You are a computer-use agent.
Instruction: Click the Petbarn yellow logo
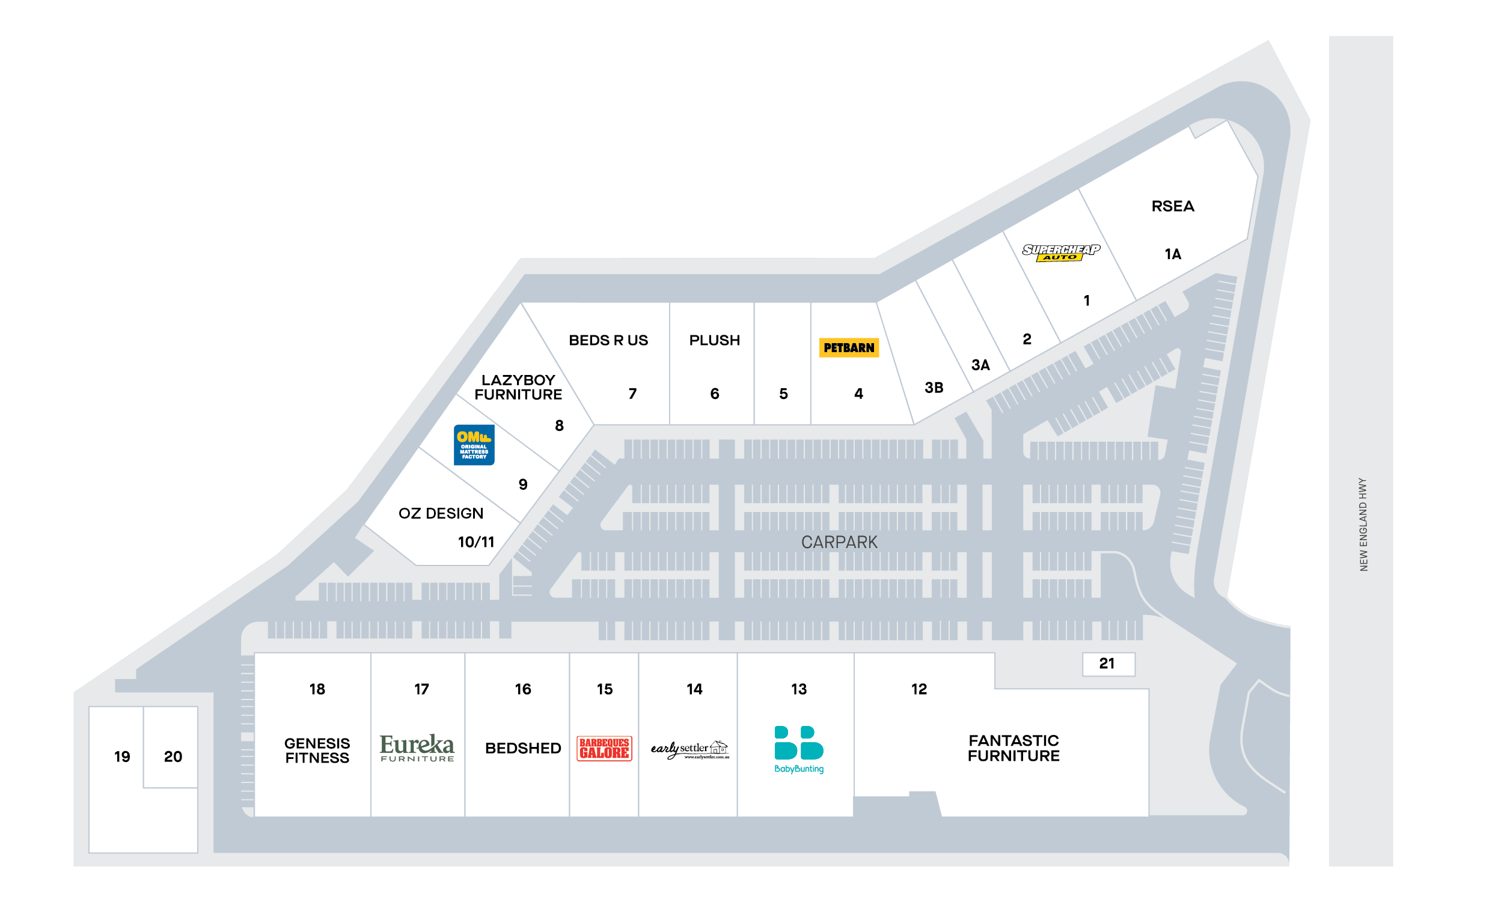point(849,348)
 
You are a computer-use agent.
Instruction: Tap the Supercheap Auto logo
point(1060,252)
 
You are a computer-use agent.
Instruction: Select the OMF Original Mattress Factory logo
point(474,445)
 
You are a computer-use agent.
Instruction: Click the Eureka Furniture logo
point(417,748)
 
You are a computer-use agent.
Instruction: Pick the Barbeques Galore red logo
point(604,748)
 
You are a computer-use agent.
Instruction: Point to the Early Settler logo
point(689,749)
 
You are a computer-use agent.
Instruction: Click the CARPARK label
point(839,542)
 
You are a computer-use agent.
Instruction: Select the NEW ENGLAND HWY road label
point(1363,524)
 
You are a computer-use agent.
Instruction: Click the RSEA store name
point(1173,207)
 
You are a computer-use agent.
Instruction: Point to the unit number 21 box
point(1108,664)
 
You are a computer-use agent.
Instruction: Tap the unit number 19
point(122,757)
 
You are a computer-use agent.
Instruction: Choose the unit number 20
point(173,757)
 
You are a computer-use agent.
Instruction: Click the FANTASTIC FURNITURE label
point(1013,748)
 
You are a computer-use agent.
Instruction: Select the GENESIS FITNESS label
point(317,751)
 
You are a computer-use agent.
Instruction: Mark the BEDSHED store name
point(523,748)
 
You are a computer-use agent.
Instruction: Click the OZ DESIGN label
point(441,514)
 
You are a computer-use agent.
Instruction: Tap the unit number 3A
point(980,365)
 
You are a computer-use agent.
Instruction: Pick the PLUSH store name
point(714,340)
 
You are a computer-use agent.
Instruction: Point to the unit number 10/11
point(475,542)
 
